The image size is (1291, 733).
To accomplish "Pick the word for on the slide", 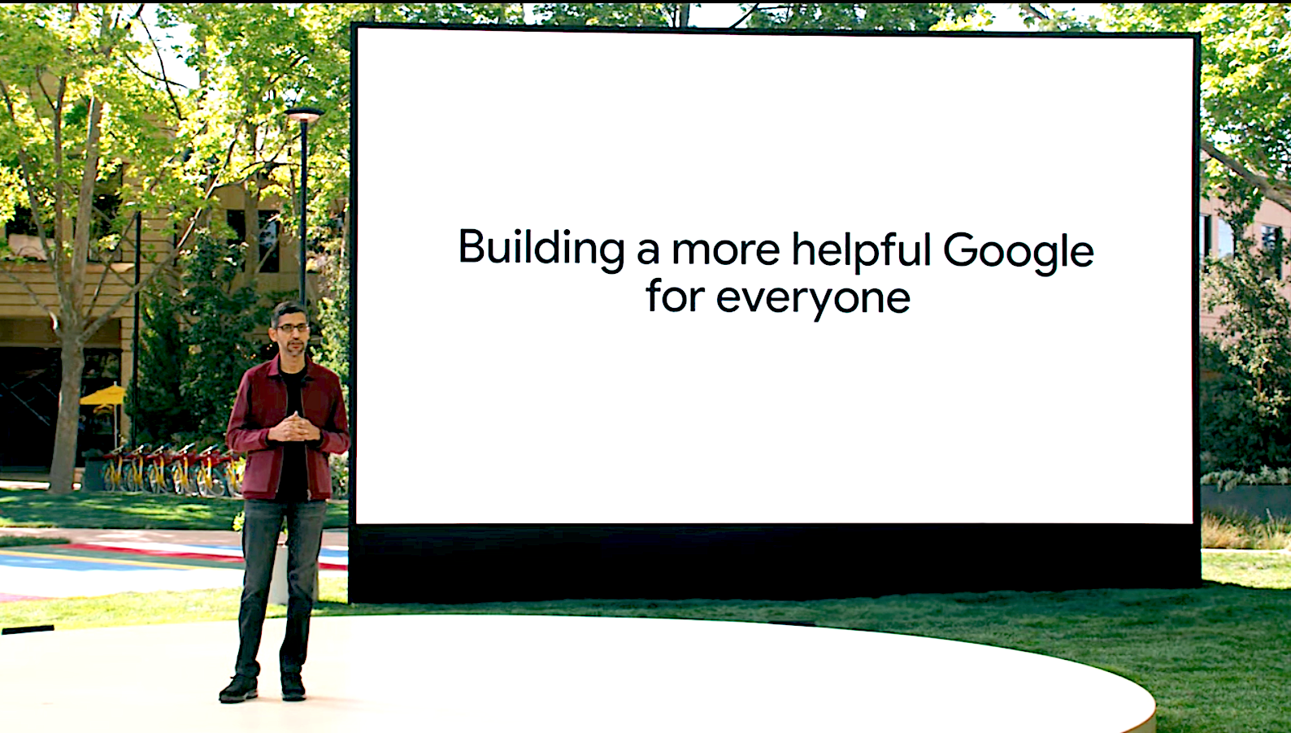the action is pyautogui.click(x=675, y=295).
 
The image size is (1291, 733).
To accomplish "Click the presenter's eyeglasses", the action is pyautogui.click(x=292, y=327).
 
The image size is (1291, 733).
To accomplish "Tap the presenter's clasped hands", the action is pyautogui.click(x=294, y=427).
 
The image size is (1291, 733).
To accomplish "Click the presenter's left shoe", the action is pyautogui.click(x=293, y=687).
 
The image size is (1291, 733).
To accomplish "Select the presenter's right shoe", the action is pyautogui.click(x=239, y=688).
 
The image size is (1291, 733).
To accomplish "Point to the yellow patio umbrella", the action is pyautogui.click(x=103, y=396).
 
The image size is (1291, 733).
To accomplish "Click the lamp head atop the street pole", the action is pyautogui.click(x=304, y=114).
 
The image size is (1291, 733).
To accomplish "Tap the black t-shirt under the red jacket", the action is pyautogui.click(x=294, y=438).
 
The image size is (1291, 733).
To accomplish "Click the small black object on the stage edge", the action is pyautogui.click(x=28, y=629).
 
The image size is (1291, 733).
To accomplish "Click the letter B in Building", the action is pyautogui.click(x=472, y=246).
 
